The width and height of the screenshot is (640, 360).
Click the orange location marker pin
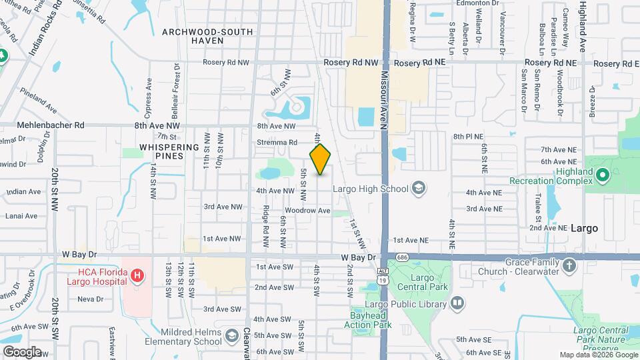(x=320, y=159)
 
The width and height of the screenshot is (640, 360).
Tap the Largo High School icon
(x=418, y=189)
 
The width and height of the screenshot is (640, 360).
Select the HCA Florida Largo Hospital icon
(x=137, y=275)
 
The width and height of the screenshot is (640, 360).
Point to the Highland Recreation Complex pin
(x=603, y=176)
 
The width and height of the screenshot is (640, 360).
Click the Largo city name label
(x=584, y=228)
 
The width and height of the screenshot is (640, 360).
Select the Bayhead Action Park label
(x=372, y=320)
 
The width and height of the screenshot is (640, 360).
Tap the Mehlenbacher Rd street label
(x=52, y=125)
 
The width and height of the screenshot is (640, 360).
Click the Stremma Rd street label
(x=277, y=142)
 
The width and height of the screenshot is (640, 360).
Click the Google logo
(x=22, y=351)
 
